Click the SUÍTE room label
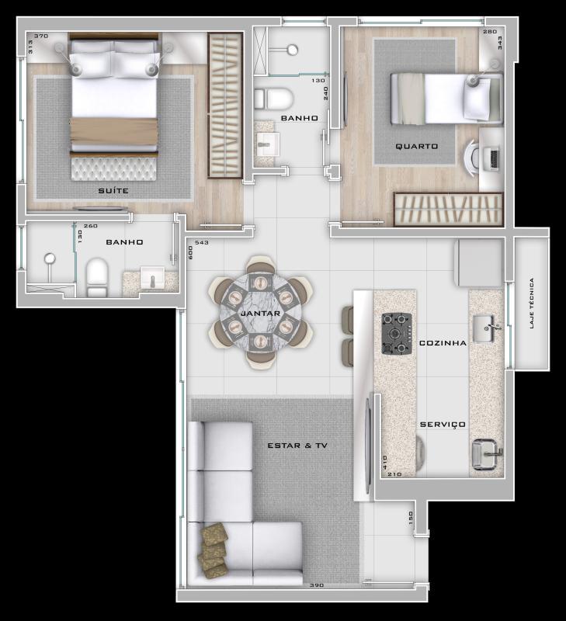(113, 190)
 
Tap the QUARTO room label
(416, 146)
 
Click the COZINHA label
(443, 342)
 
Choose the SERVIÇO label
(443, 425)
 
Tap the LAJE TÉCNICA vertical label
(532, 304)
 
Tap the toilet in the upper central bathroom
(273, 99)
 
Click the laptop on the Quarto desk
(491, 158)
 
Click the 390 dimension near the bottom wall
(316, 585)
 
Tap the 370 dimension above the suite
(41, 36)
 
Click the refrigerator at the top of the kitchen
(478, 263)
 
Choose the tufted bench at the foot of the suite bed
(114, 168)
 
